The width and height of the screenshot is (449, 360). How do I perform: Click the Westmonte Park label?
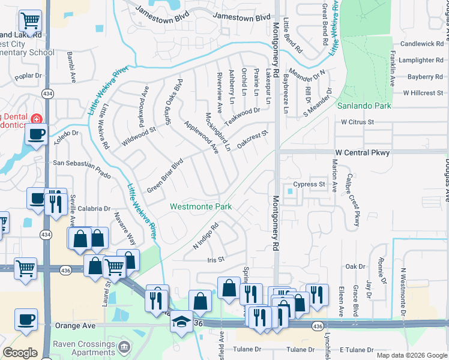pyautogui.click(x=200, y=206)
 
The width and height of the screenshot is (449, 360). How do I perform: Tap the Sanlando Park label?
pyautogui.click(x=364, y=106)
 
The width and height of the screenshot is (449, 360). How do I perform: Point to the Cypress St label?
pyautogui.click(x=309, y=184)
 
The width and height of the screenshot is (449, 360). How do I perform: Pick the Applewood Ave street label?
pyautogui.click(x=201, y=137)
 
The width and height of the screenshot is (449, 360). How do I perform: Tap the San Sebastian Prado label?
pyautogui.click(x=82, y=162)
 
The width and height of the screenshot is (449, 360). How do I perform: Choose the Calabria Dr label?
pyautogui.click(x=94, y=209)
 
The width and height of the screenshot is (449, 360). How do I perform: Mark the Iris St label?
pyautogui.click(x=215, y=260)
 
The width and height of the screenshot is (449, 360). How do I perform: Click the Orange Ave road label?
pyautogui.click(x=74, y=326)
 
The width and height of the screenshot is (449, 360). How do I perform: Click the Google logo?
pyautogui.click(x=20, y=353)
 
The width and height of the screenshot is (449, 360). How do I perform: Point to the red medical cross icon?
pyautogui.click(x=37, y=118)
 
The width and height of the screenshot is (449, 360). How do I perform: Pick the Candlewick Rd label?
pyautogui.click(x=421, y=44)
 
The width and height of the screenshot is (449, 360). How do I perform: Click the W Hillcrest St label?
pyautogui.click(x=423, y=93)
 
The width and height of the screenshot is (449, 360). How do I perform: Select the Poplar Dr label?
pyautogui.click(x=28, y=76)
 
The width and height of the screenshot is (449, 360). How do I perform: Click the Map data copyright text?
pyautogui.click(x=411, y=355)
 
